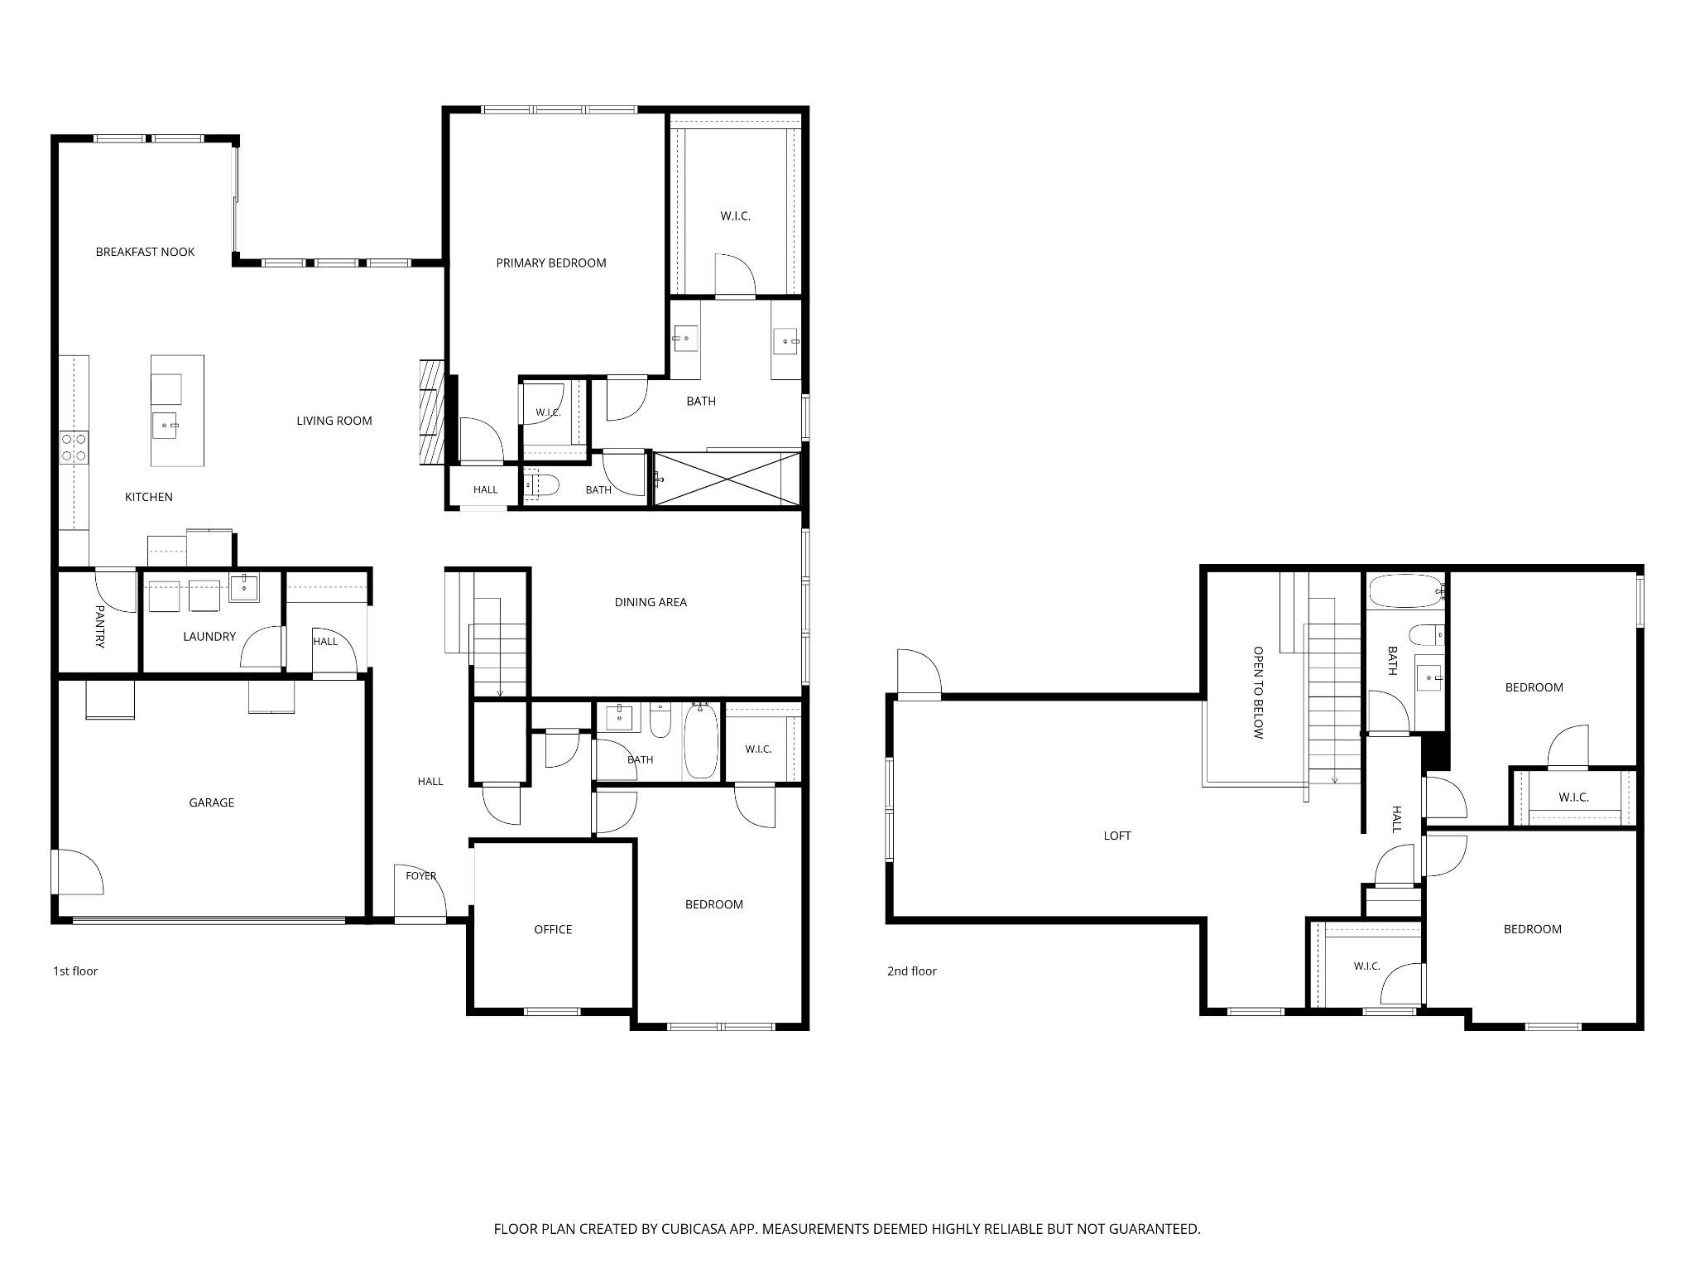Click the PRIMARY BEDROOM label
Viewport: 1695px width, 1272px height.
(x=551, y=263)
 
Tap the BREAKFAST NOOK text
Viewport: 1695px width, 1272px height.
(x=145, y=252)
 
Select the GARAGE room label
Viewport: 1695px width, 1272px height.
(x=211, y=802)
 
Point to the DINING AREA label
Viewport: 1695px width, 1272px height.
(x=651, y=602)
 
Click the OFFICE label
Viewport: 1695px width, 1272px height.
(x=553, y=929)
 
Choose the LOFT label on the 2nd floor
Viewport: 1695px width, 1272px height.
(x=1117, y=836)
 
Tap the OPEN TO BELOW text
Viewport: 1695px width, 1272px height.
(x=1258, y=692)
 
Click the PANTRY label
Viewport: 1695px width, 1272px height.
(x=100, y=626)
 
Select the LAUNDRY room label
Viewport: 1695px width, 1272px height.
(x=209, y=637)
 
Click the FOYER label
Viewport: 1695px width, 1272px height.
(x=421, y=875)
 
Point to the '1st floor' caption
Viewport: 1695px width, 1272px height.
(x=75, y=971)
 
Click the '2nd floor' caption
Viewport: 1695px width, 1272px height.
(x=912, y=971)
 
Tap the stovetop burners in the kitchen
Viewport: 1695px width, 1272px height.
(x=74, y=447)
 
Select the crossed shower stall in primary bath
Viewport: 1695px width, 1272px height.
(x=727, y=479)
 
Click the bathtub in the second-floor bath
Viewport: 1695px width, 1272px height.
(x=1406, y=591)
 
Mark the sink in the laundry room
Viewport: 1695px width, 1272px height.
(x=243, y=587)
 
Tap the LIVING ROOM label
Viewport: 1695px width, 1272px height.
(x=334, y=421)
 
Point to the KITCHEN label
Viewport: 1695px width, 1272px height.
(x=149, y=497)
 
